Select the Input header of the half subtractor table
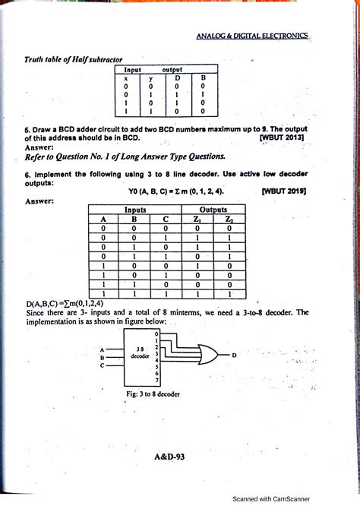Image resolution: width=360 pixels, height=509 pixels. (x=134, y=69)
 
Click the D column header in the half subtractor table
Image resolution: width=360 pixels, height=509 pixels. (x=177, y=77)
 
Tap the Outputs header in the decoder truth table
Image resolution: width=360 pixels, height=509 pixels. (x=213, y=209)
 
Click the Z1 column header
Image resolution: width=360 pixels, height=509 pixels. (x=197, y=220)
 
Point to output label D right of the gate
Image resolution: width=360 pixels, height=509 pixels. (x=234, y=354)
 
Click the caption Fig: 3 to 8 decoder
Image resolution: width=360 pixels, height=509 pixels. (x=154, y=394)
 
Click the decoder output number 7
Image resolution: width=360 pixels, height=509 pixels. (x=156, y=379)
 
